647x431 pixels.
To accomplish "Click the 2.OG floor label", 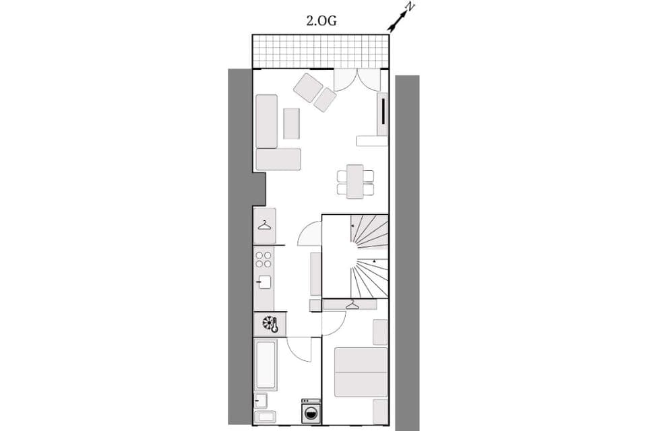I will tap(321, 20).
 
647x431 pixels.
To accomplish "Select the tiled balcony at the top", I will tap(321, 51).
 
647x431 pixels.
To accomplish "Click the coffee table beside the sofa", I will tap(291, 123).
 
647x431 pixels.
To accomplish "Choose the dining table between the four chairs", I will tap(355, 182).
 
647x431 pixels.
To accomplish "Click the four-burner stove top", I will tap(264, 260).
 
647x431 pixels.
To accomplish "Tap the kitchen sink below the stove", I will tap(264, 282).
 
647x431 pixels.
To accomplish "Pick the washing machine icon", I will tap(311, 411).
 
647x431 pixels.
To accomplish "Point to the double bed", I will tap(361, 372).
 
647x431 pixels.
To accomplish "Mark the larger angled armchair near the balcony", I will tap(308, 88).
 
